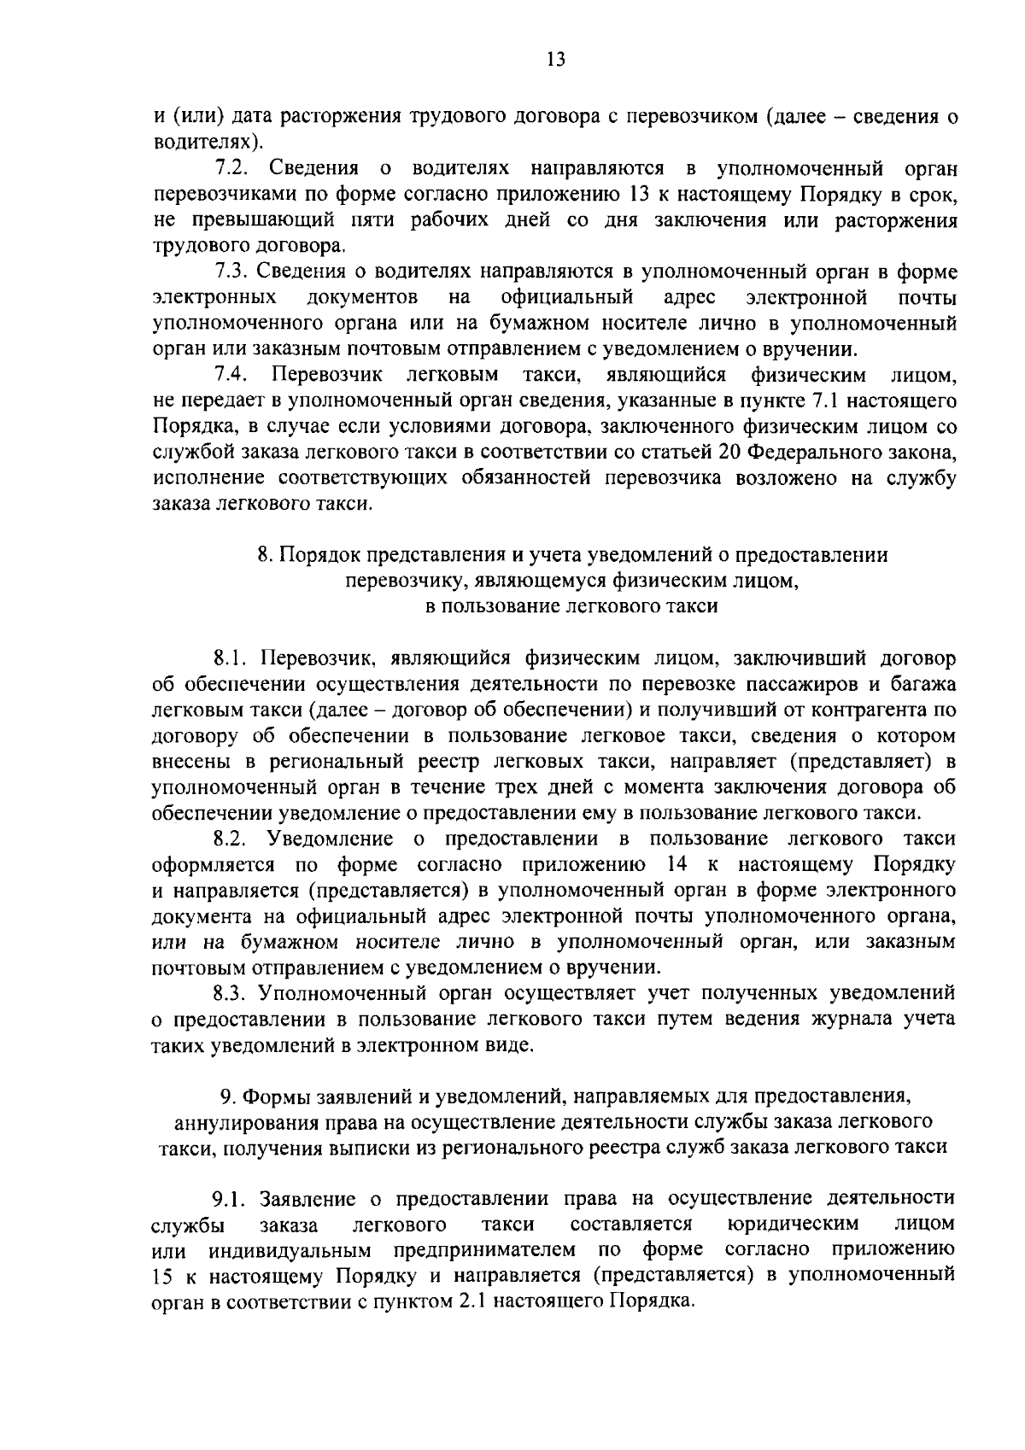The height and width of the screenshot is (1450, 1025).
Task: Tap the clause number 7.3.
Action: point(230,272)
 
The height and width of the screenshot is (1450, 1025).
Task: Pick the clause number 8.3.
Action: point(230,993)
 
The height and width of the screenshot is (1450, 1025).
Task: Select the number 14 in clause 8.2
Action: point(676,864)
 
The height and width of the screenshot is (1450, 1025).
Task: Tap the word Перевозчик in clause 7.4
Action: point(327,375)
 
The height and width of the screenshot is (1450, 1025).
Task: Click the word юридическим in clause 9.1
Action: point(793,1225)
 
